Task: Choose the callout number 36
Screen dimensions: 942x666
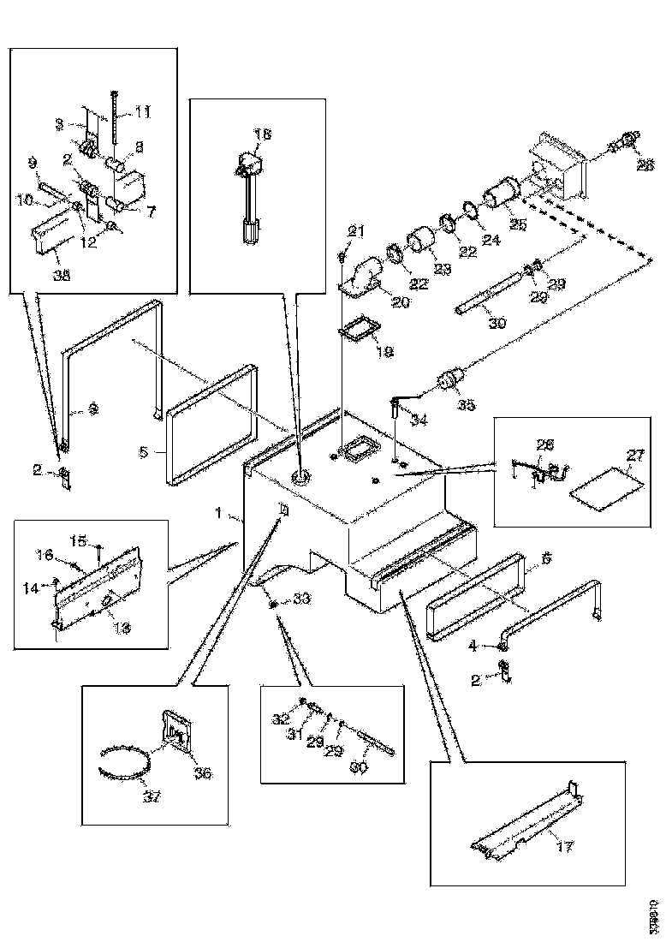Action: (x=202, y=773)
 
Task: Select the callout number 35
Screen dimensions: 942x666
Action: (x=467, y=404)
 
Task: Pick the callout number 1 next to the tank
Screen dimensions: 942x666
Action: (x=218, y=514)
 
